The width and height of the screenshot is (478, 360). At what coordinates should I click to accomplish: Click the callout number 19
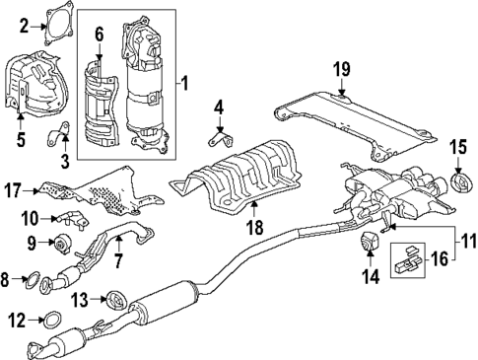341,68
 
